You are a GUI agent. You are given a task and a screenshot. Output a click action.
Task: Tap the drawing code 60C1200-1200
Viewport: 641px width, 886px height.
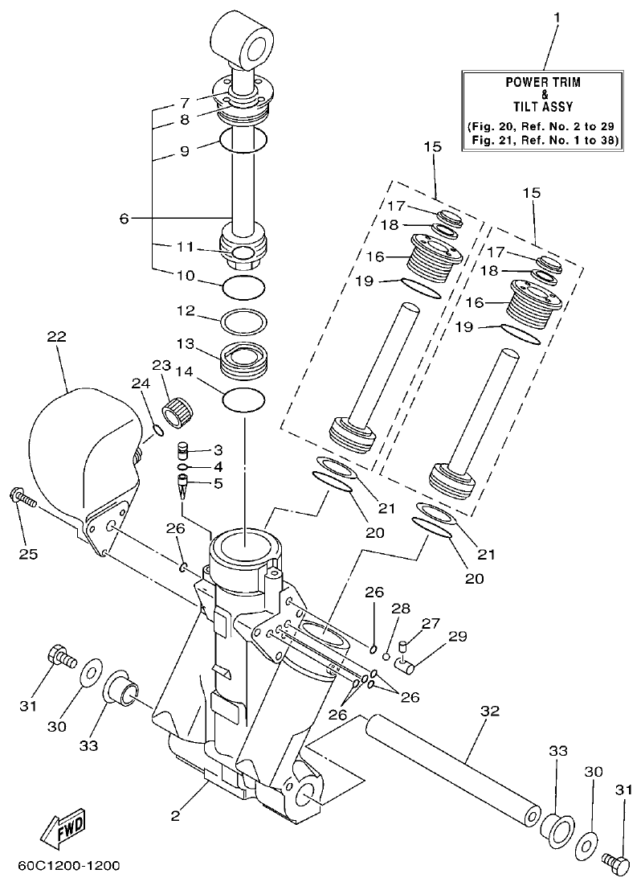67,866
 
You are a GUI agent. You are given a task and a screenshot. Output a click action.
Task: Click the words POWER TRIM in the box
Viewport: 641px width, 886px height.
543,82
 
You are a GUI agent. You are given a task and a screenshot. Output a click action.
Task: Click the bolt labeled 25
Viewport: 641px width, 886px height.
22,500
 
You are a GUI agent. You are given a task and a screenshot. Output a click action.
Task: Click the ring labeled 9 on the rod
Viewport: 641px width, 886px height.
243,142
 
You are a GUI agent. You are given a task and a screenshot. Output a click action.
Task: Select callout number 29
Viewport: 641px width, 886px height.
457,638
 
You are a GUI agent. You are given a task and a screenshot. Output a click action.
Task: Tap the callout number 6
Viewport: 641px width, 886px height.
125,218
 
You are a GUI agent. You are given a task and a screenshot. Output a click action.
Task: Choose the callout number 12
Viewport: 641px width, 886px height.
186,310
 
